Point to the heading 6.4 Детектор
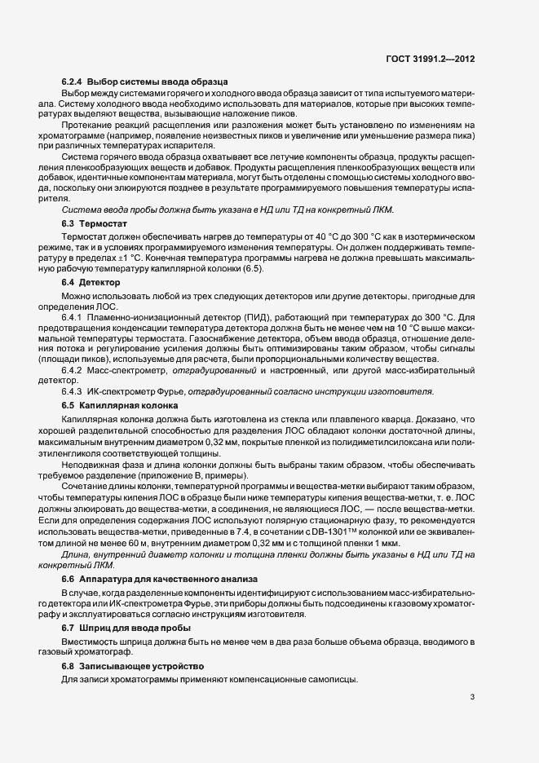click(91, 282)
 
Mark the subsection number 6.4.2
click(74, 371)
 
